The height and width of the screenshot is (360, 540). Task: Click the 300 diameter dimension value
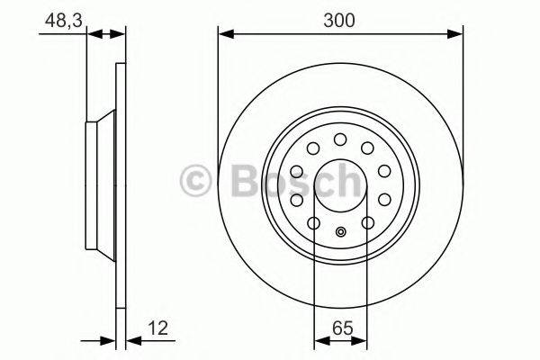click(340, 19)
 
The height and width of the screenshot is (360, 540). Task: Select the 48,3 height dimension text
click(58, 19)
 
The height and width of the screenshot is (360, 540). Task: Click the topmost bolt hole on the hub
click(340, 139)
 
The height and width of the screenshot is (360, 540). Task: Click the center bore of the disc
click(340, 184)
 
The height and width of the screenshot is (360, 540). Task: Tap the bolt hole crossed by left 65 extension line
click(314, 222)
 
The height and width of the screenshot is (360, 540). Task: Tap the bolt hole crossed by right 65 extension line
click(366, 222)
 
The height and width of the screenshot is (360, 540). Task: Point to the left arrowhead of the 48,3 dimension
click(91, 35)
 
